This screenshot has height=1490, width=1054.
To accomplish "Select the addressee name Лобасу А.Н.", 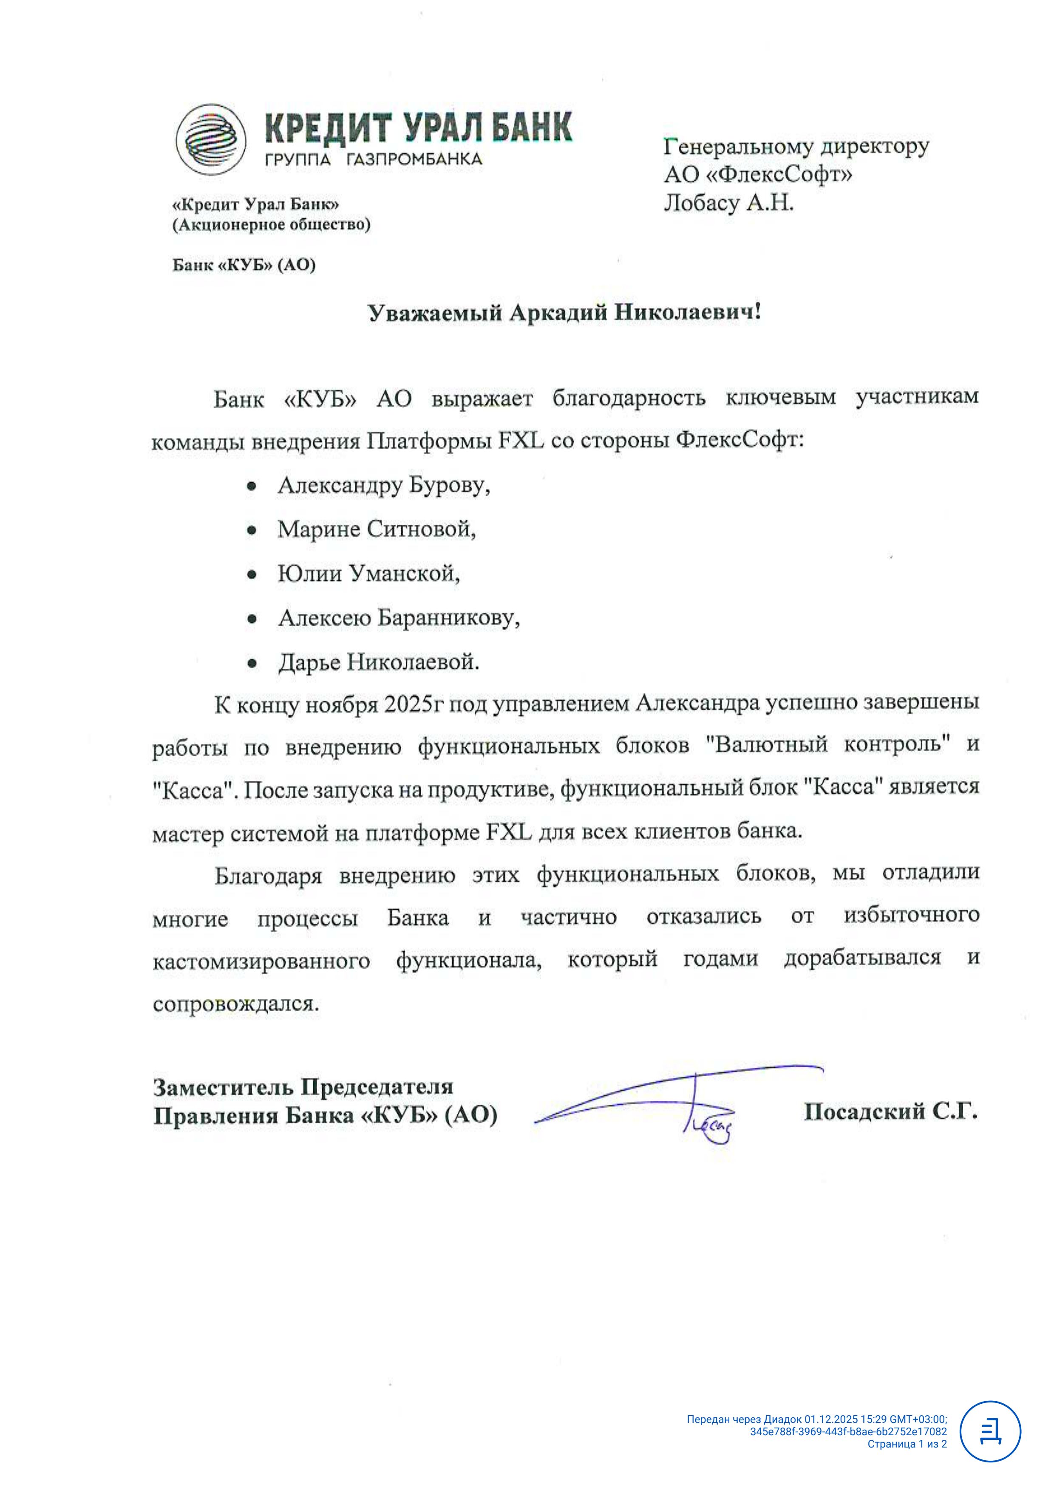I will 728,203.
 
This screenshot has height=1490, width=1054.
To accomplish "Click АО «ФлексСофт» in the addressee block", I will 757,174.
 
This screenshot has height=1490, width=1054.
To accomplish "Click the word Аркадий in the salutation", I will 558,313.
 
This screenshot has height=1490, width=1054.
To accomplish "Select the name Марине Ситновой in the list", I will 377,529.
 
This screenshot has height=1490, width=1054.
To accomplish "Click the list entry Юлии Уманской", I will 368,574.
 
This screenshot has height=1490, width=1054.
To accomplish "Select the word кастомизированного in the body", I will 261,961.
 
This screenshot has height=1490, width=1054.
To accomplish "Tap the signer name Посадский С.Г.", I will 890,1112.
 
